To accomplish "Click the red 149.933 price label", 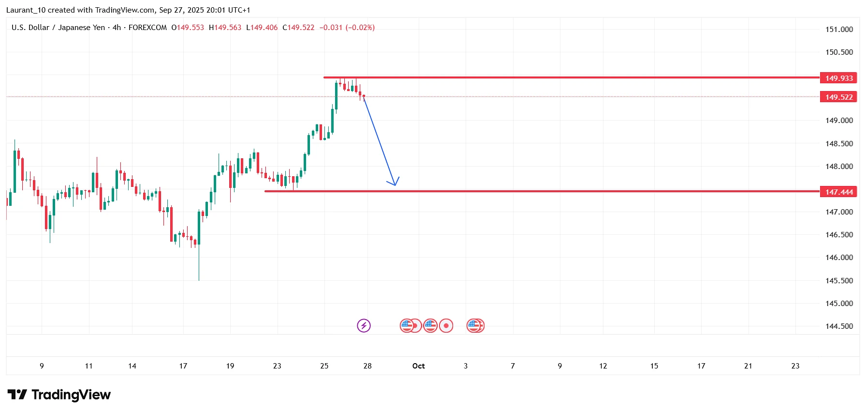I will (x=838, y=78).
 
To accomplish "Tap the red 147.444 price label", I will (x=838, y=192).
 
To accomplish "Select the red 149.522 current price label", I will (x=838, y=97).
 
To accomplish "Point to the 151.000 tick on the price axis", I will (x=839, y=30).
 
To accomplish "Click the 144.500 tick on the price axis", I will (x=839, y=326).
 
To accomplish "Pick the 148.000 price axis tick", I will (x=839, y=167).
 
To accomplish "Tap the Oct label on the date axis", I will (x=418, y=366).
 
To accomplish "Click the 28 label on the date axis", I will (x=367, y=366).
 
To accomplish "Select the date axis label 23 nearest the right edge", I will (x=795, y=366).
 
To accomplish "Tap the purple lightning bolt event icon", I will (x=364, y=325).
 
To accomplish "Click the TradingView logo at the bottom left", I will (x=59, y=395).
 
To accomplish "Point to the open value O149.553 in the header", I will (x=188, y=28).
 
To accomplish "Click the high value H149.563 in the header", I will (x=225, y=28).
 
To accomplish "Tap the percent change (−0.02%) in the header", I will (x=360, y=28).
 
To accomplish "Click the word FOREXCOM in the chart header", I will (x=147, y=28).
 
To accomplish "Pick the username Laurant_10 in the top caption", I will (x=27, y=10).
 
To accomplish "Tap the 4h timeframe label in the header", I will (x=117, y=28).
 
